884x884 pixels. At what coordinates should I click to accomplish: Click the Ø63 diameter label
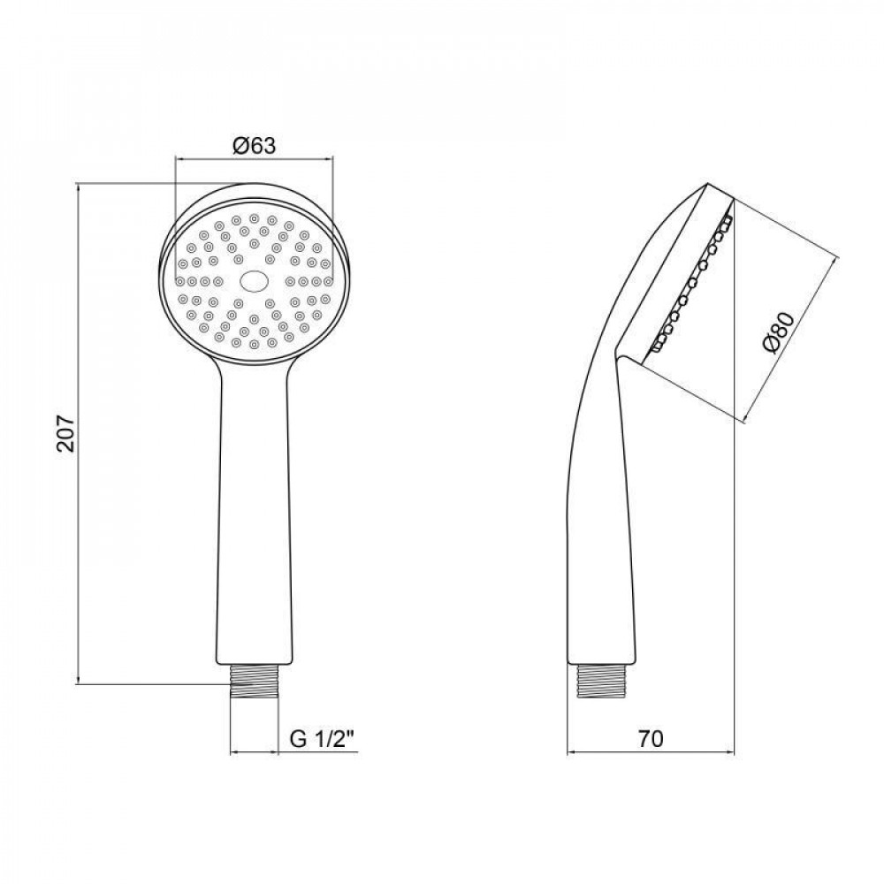point(254,147)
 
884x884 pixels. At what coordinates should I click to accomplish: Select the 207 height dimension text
point(63,433)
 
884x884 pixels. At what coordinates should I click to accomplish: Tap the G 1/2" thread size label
point(323,738)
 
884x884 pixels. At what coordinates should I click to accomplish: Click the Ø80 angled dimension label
point(781,333)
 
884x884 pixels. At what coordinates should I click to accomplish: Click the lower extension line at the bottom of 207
point(150,682)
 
